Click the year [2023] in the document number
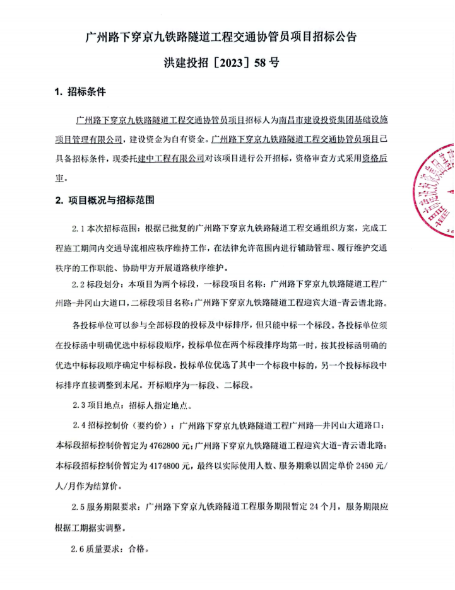coord(225,63)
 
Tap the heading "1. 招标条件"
coord(80,93)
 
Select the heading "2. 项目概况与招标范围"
coord(105,200)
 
